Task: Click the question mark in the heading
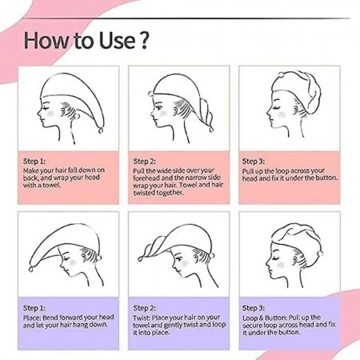[x=144, y=40]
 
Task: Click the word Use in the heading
[x=117, y=40]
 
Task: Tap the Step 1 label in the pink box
[x=34, y=162]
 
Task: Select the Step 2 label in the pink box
[x=144, y=162]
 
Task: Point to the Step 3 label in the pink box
[x=254, y=162]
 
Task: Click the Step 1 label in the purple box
[x=34, y=308]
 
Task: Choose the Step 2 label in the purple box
[x=144, y=308]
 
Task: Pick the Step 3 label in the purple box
[x=254, y=308]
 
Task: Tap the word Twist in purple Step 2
[x=142, y=318]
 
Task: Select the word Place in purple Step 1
[x=32, y=318]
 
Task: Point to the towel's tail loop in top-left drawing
[x=101, y=130]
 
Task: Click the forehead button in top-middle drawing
[x=151, y=93]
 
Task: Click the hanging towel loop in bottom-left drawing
[x=31, y=269]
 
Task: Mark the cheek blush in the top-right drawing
[x=281, y=114]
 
